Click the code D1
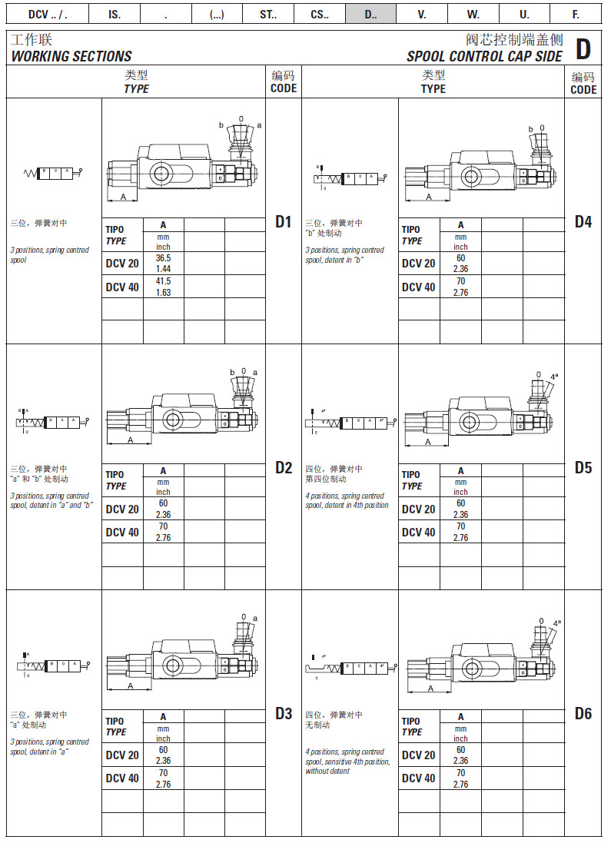point(284,222)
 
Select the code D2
point(284,468)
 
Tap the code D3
point(284,714)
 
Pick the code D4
point(583,222)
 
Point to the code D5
point(583,468)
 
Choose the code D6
point(583,714)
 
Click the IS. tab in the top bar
point(115,14)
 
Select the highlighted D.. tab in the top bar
point(370,14)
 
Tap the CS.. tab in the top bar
point(320,14)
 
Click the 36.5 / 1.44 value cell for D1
point(163,264)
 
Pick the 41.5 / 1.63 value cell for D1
point(163,287)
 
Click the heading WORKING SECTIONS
point(71,56)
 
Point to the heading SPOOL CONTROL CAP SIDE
point(484,56)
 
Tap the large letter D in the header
point(583,49)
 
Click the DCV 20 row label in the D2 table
point(122,509)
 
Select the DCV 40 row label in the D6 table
point(419,778)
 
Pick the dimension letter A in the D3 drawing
point(129,685)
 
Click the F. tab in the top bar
point(576,14)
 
